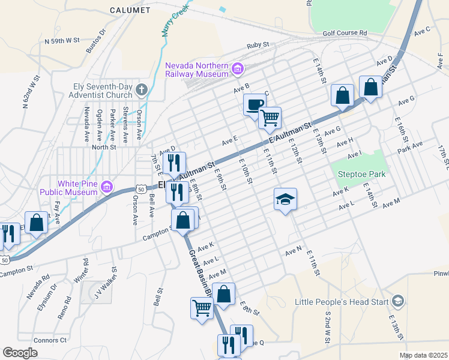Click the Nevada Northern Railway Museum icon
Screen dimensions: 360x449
click(237, 70)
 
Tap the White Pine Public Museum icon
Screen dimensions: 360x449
click(107, 188)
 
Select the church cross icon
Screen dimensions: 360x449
click(141, 91)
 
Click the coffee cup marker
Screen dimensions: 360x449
click(254, 104)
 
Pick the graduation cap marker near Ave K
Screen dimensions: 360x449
click(286, 199)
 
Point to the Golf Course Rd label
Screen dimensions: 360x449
click(344, 32)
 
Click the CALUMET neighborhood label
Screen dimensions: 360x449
click(130, 10)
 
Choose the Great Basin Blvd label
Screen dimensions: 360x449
click(200, 273)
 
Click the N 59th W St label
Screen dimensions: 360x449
click(62, 41)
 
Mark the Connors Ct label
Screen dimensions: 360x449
click(51, 340)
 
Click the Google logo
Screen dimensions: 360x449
click(20, 353)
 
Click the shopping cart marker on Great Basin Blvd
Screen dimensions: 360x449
click(202, 308)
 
